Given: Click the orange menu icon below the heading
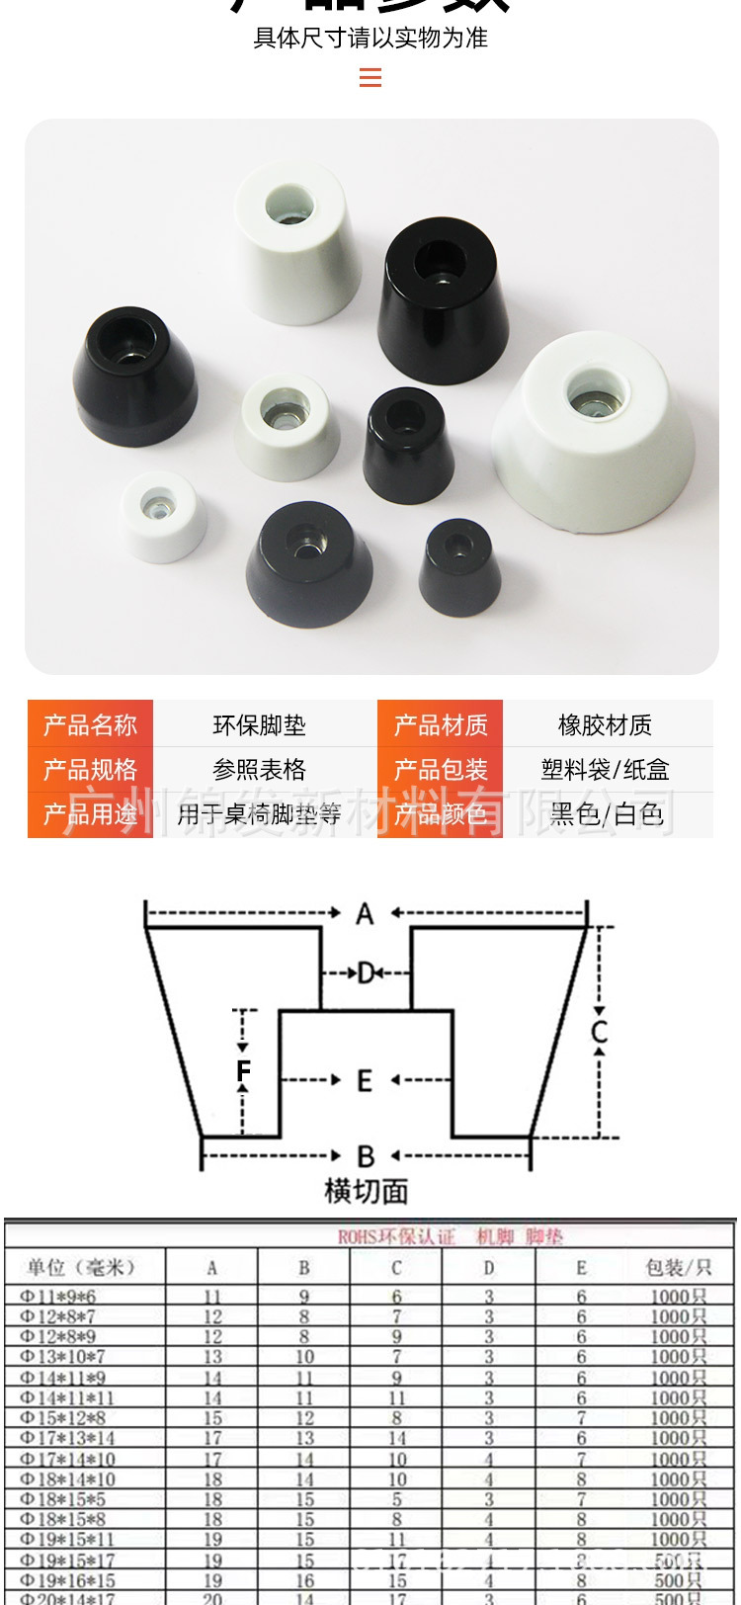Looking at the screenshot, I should (x=370, y=77).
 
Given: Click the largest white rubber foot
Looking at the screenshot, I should (x=595, y=430).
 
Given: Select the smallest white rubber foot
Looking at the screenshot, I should (x=163, y=516).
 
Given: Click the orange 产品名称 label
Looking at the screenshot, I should (x=90, y=724).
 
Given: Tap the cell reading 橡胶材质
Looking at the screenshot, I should (x=605, y=724).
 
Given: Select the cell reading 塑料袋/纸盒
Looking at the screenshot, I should (x=605, y=769).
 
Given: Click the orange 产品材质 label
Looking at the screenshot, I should (x=441, y=724).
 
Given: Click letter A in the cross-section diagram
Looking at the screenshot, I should (x=365, y=914).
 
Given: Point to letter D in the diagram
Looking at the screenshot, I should (x=367, y=973).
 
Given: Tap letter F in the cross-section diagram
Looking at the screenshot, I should (x=243, y=1070).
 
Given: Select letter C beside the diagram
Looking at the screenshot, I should (x=599, y=1033).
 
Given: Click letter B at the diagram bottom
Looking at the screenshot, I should (x=366, y=1155).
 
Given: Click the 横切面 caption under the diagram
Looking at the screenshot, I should (x=366, y=1191).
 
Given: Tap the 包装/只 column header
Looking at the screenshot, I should (x=678, y=1267).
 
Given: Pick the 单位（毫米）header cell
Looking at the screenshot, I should (x=81, y=1267).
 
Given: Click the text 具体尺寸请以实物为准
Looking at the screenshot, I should (x=370, y=39).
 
